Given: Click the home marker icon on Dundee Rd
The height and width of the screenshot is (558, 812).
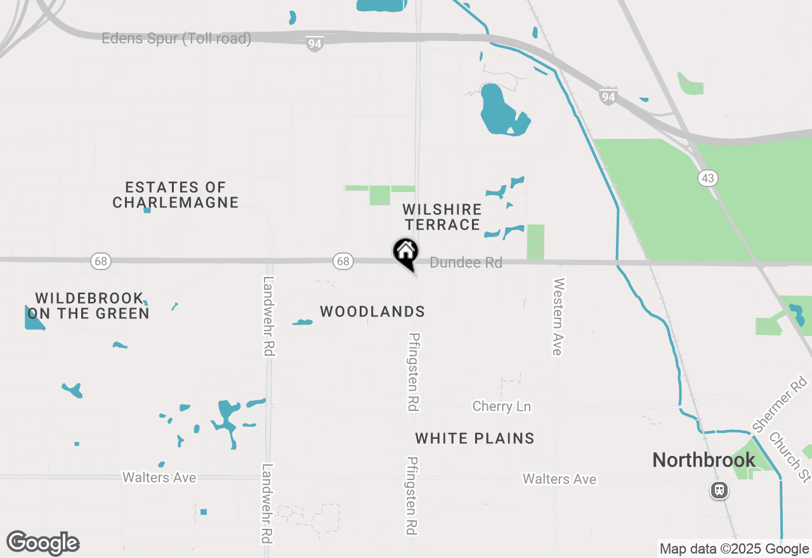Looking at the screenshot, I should [x=405, y=252].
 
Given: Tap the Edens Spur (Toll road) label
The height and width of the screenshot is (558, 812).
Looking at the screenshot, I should [x=176, y=39].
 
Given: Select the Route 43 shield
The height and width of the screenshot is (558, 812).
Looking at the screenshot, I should [x=708, y=178].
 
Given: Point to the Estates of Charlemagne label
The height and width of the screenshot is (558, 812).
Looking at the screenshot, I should [x=176, y=195].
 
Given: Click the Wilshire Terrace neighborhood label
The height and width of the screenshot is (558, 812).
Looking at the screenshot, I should [x=443, y=217].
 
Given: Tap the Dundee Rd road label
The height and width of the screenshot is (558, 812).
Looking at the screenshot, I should [x=466, y=263].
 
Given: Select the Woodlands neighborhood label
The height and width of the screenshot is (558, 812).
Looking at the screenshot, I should [x=372, y=311].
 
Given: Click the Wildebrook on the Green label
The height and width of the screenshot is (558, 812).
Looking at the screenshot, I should [x=88, y=306].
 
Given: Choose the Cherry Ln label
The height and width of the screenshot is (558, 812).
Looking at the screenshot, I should [x=502, y=406].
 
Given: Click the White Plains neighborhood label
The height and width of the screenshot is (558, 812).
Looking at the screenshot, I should [x=475, y=438].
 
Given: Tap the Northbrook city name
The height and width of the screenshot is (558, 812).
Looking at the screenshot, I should [x=704, y=460].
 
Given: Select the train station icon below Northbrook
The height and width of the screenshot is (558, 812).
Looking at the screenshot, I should [x=719, y=490].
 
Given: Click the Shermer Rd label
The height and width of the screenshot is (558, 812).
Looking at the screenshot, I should [x=780, y=403].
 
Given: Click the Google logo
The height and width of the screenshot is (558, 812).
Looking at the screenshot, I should [x=43, y=543].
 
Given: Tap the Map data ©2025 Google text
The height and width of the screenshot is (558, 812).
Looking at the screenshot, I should [x=734, y=549].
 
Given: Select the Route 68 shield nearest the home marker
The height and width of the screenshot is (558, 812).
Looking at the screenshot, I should [x=343, y=261].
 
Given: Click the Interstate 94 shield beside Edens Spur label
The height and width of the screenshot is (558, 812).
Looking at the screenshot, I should [x=315, y=44].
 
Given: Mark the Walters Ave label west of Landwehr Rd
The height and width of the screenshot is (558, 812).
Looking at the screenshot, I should [x=159, y=477].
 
